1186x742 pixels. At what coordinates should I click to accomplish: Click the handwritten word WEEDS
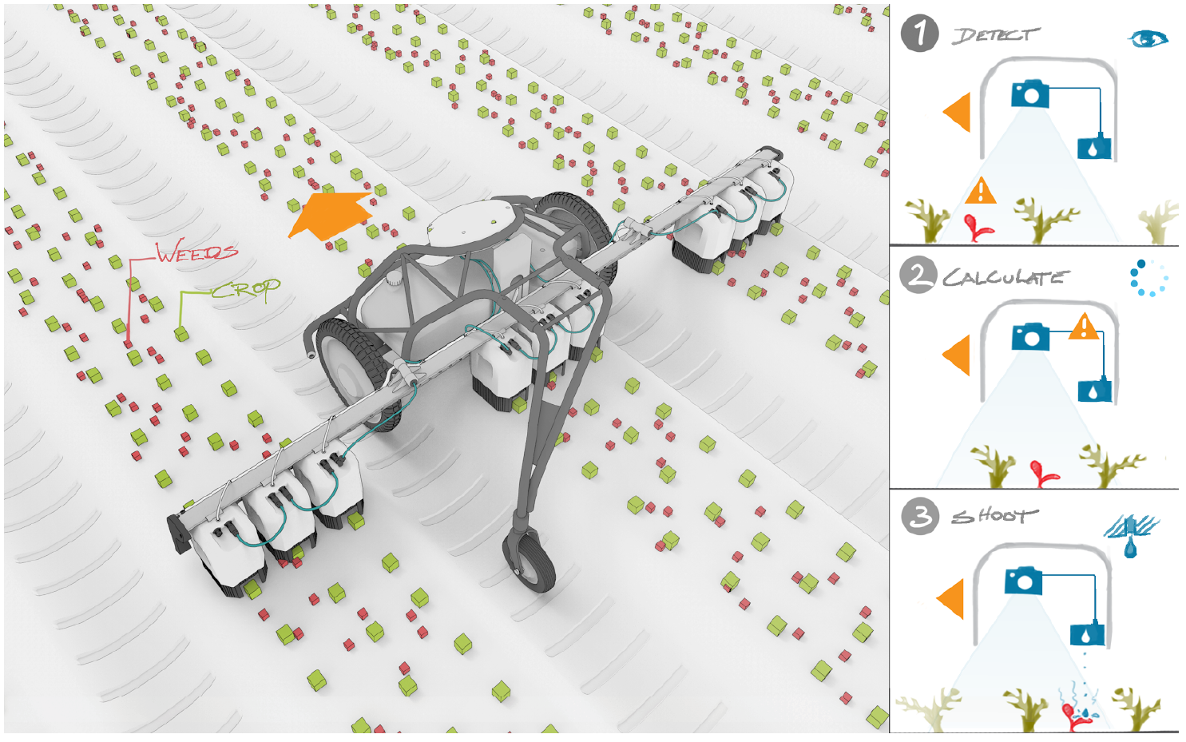tap(197, 252)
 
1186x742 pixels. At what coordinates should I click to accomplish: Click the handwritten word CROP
tap(246, 290)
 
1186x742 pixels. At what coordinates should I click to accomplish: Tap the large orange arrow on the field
tap(329, 215)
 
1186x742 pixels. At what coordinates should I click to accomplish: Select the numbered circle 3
tap(920, 516)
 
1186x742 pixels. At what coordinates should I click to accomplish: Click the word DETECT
tap(995, 35)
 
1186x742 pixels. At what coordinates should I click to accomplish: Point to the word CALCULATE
tap(1006, 277)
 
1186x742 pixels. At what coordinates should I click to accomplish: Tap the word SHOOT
tap(995, 516)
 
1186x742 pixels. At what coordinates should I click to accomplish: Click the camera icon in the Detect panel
tap(1029, 93)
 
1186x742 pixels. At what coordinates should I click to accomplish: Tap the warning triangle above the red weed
tap(981, 191)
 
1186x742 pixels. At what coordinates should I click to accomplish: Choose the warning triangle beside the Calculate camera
tap(1085, 326)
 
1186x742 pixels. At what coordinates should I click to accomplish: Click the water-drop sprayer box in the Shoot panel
tap(1087, 634)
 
